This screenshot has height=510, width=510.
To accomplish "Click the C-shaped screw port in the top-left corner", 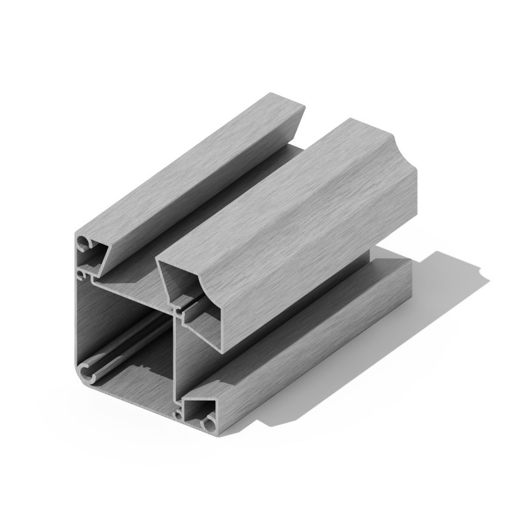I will pyautogui.click(x=84, y=244).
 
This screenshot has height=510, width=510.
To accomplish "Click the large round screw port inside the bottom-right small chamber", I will pyautogui.click(x=208, y=423).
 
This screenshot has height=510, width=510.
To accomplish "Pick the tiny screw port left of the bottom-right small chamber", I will pyautogui.click(x=178, y=415).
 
